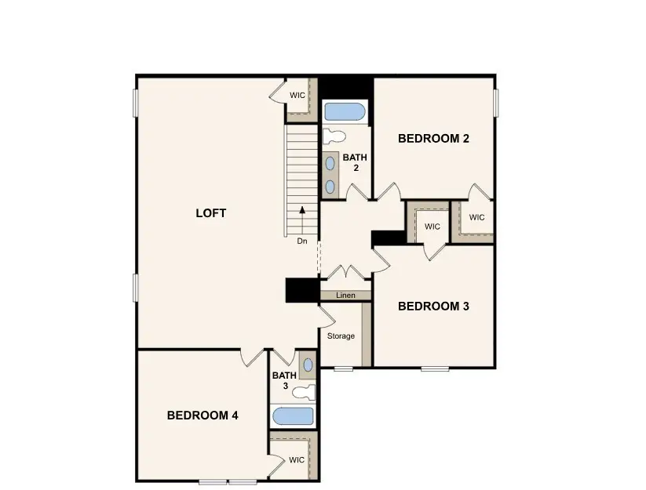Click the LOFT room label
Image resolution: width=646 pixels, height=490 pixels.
coord(210,213)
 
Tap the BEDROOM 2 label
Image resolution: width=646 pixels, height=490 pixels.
coord(433,139)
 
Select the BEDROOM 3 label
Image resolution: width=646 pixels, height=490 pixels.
coord(433,307)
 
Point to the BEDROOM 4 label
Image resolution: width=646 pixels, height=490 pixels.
coord(203,416)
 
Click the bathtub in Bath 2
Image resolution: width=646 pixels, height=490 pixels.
coord(345,112)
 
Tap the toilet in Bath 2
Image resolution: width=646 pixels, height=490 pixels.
coord(334,136)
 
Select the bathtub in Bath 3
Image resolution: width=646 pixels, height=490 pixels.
coord(292,416)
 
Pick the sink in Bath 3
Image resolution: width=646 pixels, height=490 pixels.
coord(307,365)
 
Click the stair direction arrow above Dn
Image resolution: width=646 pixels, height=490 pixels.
coord(302,214)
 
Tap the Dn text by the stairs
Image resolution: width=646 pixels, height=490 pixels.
coord(302,241)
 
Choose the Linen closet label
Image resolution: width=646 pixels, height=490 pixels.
coord(345,296)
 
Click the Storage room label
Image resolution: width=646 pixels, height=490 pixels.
coord(341,336)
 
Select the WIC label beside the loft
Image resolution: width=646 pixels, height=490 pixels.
coord(297,95)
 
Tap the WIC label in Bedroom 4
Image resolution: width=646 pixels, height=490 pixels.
coord(296,460)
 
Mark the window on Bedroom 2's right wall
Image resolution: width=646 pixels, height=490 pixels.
coord(496,102)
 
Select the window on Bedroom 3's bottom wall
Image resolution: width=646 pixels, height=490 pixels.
coord(435,368)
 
